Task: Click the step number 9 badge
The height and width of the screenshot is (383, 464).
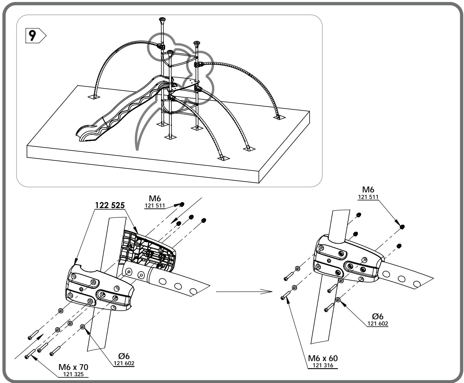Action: (x=36, y=36)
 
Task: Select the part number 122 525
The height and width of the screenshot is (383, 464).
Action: (x=110, y=205)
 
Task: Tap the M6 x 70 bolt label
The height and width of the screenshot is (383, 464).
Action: (x=73, y=367)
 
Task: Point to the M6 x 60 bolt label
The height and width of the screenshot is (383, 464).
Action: (x=323, y=358)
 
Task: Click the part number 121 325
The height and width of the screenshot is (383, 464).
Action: (x=73, y=374)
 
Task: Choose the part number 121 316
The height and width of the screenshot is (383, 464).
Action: (x=323, y=365)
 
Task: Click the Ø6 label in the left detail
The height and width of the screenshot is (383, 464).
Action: (x=124, y=356)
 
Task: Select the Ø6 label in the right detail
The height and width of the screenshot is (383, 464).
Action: (x=377, y=316)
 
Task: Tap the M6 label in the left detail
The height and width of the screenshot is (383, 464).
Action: (x=155, y=198)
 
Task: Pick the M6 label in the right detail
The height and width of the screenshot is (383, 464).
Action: (x=368, y=189)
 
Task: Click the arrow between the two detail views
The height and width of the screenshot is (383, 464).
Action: (x=244, y=291)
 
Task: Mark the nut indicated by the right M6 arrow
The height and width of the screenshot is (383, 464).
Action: (x=402, y=227)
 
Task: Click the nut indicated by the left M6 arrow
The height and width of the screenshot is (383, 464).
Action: (x=182, y=204)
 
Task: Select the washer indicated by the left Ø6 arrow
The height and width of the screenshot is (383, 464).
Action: (x=83, y=327)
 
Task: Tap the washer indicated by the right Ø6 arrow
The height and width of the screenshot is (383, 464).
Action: (x=338, y=300)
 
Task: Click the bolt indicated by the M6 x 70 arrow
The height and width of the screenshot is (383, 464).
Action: (x=30, y=353)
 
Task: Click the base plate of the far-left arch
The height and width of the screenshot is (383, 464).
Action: (x=94, y=97)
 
